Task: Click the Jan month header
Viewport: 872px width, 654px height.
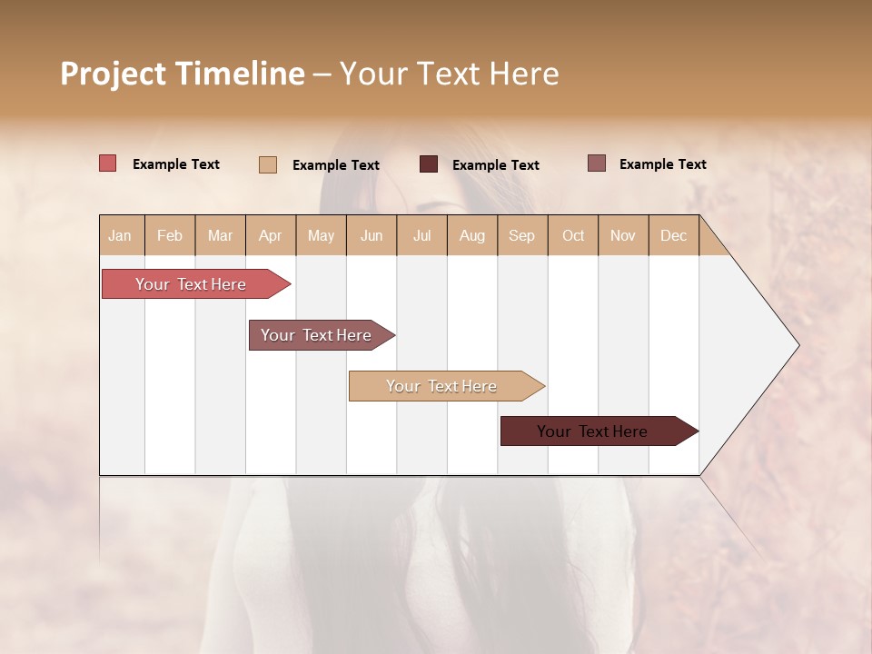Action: coord(120,235)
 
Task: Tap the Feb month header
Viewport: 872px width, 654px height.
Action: coord(170,235)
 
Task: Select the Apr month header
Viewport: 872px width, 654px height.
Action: coord(270,235)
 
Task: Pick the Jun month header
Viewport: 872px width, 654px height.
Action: coord(372,235)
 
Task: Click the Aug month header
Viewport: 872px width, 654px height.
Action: coord(471,235)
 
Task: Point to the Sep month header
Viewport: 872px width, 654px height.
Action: coord(521,235)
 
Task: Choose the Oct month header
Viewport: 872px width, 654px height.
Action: coord(573,235)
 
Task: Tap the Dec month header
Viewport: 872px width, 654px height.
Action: coord(673,235)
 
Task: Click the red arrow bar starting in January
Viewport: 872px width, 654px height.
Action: coord(191,284)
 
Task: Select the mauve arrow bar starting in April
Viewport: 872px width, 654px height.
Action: coord(316,335)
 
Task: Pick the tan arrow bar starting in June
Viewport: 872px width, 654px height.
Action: coord(441,386)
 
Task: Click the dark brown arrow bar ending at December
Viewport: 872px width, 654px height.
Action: coord(592,431)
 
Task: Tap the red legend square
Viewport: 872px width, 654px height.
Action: coord(107,163)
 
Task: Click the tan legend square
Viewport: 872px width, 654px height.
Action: coord(267,164)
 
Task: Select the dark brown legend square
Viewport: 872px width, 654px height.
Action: coord(429,163)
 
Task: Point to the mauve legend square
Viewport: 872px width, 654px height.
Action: coord(596,163)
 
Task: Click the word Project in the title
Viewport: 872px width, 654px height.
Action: coord(114,74)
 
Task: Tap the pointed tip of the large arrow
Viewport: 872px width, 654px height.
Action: coord(798,345)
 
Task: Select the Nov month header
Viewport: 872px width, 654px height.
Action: coord(622,235)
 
